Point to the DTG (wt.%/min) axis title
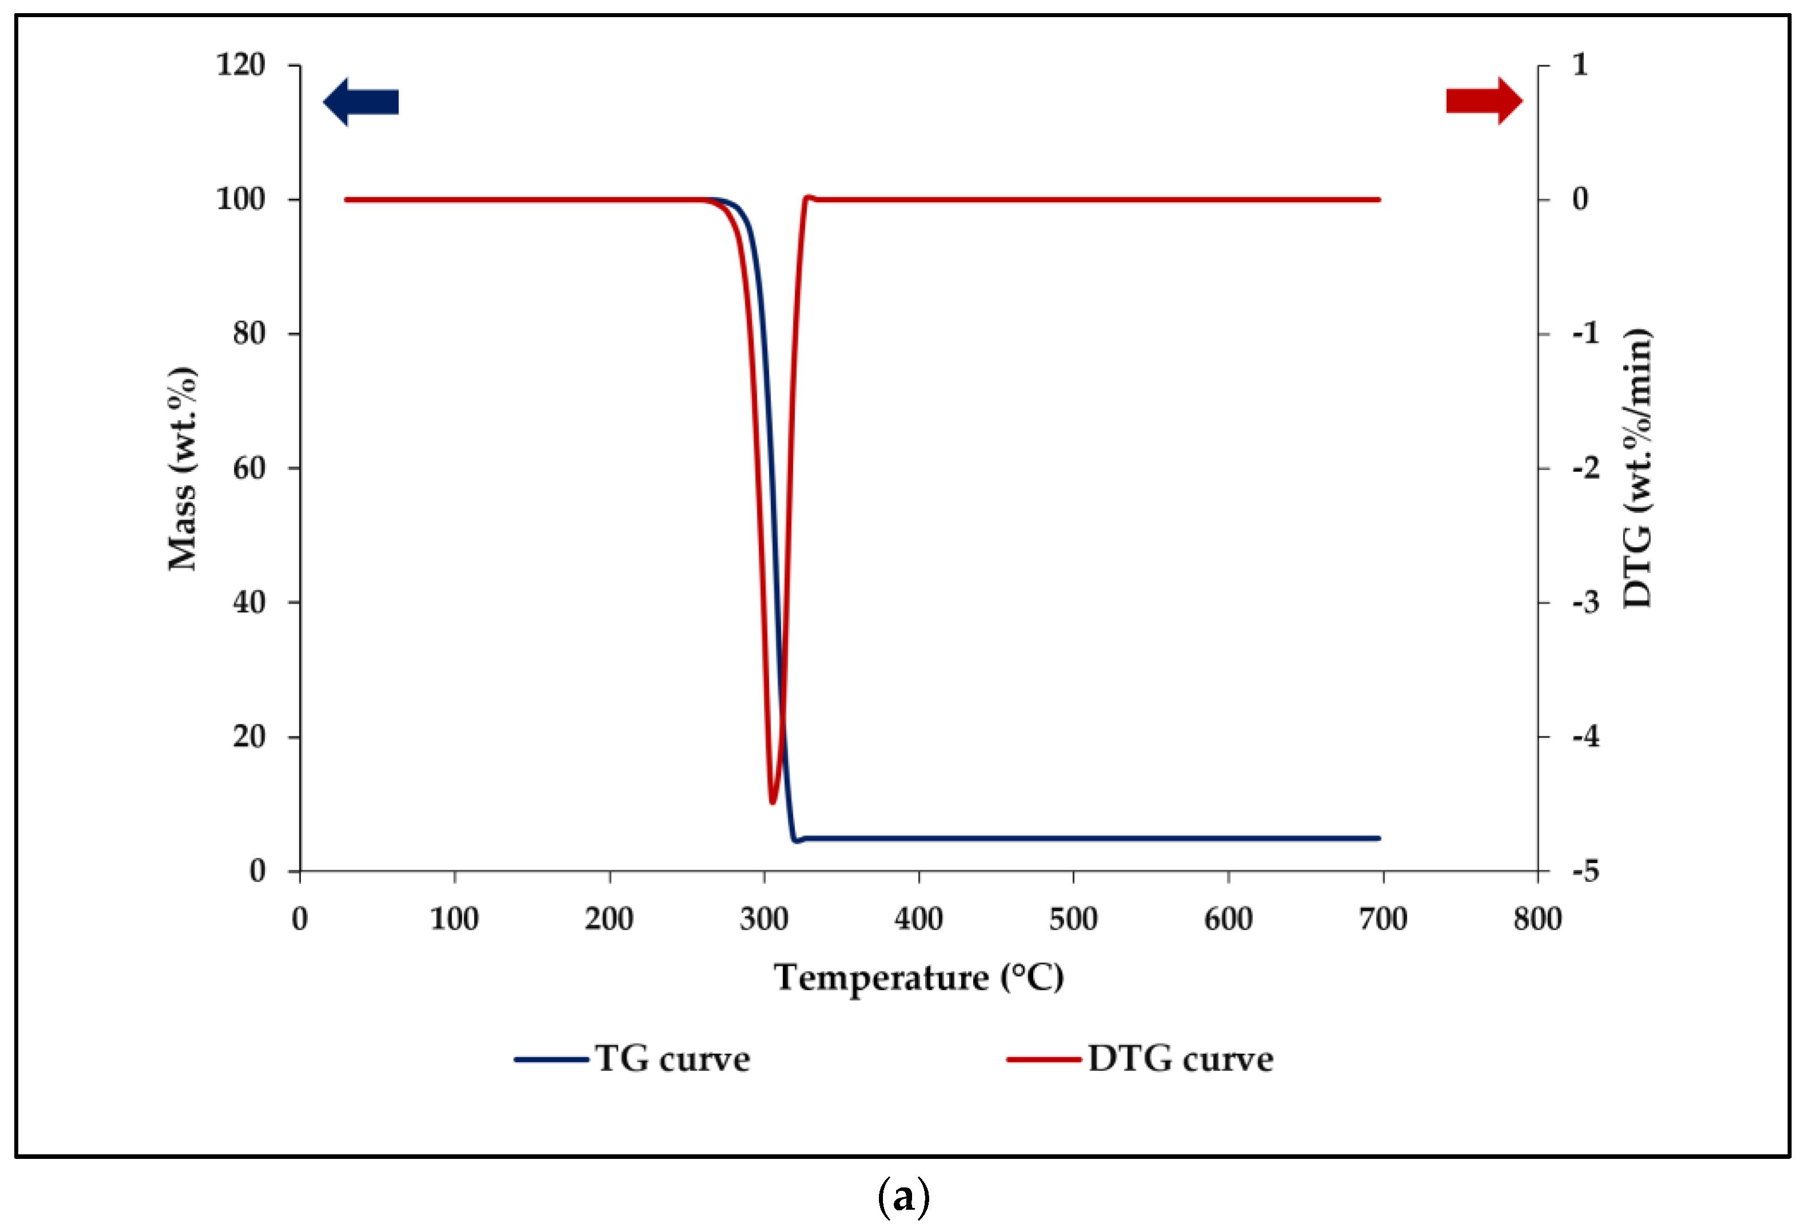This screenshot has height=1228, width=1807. point(1637,469)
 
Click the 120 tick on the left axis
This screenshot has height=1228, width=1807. point(240,65)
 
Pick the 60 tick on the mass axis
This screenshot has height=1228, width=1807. point(249,468)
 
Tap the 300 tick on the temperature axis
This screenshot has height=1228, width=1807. point(764,919)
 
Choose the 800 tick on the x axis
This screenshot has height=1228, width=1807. point(1537,919)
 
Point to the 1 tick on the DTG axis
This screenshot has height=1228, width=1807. point(1580,65)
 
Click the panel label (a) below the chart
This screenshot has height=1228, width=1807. point(903,1197)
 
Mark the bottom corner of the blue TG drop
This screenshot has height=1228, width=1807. point(794,840)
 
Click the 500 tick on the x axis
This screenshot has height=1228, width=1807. point(1073,919)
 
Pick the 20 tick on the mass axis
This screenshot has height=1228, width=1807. point(249,736)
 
